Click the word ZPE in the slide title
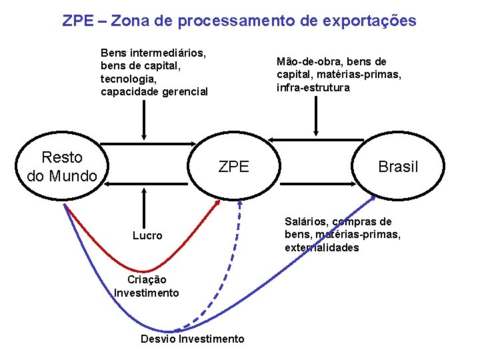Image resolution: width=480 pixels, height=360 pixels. click(77, 21)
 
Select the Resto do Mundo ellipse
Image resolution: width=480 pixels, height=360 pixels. click(62, 167)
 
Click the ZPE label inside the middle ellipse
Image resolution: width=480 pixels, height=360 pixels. click(233, 167)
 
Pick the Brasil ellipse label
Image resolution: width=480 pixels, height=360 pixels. click(398, 167)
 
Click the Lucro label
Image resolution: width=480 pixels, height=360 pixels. click(147, 235)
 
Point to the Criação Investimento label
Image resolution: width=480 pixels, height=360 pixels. click(147, 286)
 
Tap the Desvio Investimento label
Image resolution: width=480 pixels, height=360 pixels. click(192, 339)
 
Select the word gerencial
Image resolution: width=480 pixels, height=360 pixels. click(185, 91)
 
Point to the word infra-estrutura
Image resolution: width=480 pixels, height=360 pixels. click(313, 87)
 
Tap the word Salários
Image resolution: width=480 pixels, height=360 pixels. click(306, 221)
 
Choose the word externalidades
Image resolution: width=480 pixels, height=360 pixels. click(322, 248)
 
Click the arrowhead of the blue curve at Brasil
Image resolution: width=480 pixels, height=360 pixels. click(373, 199)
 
